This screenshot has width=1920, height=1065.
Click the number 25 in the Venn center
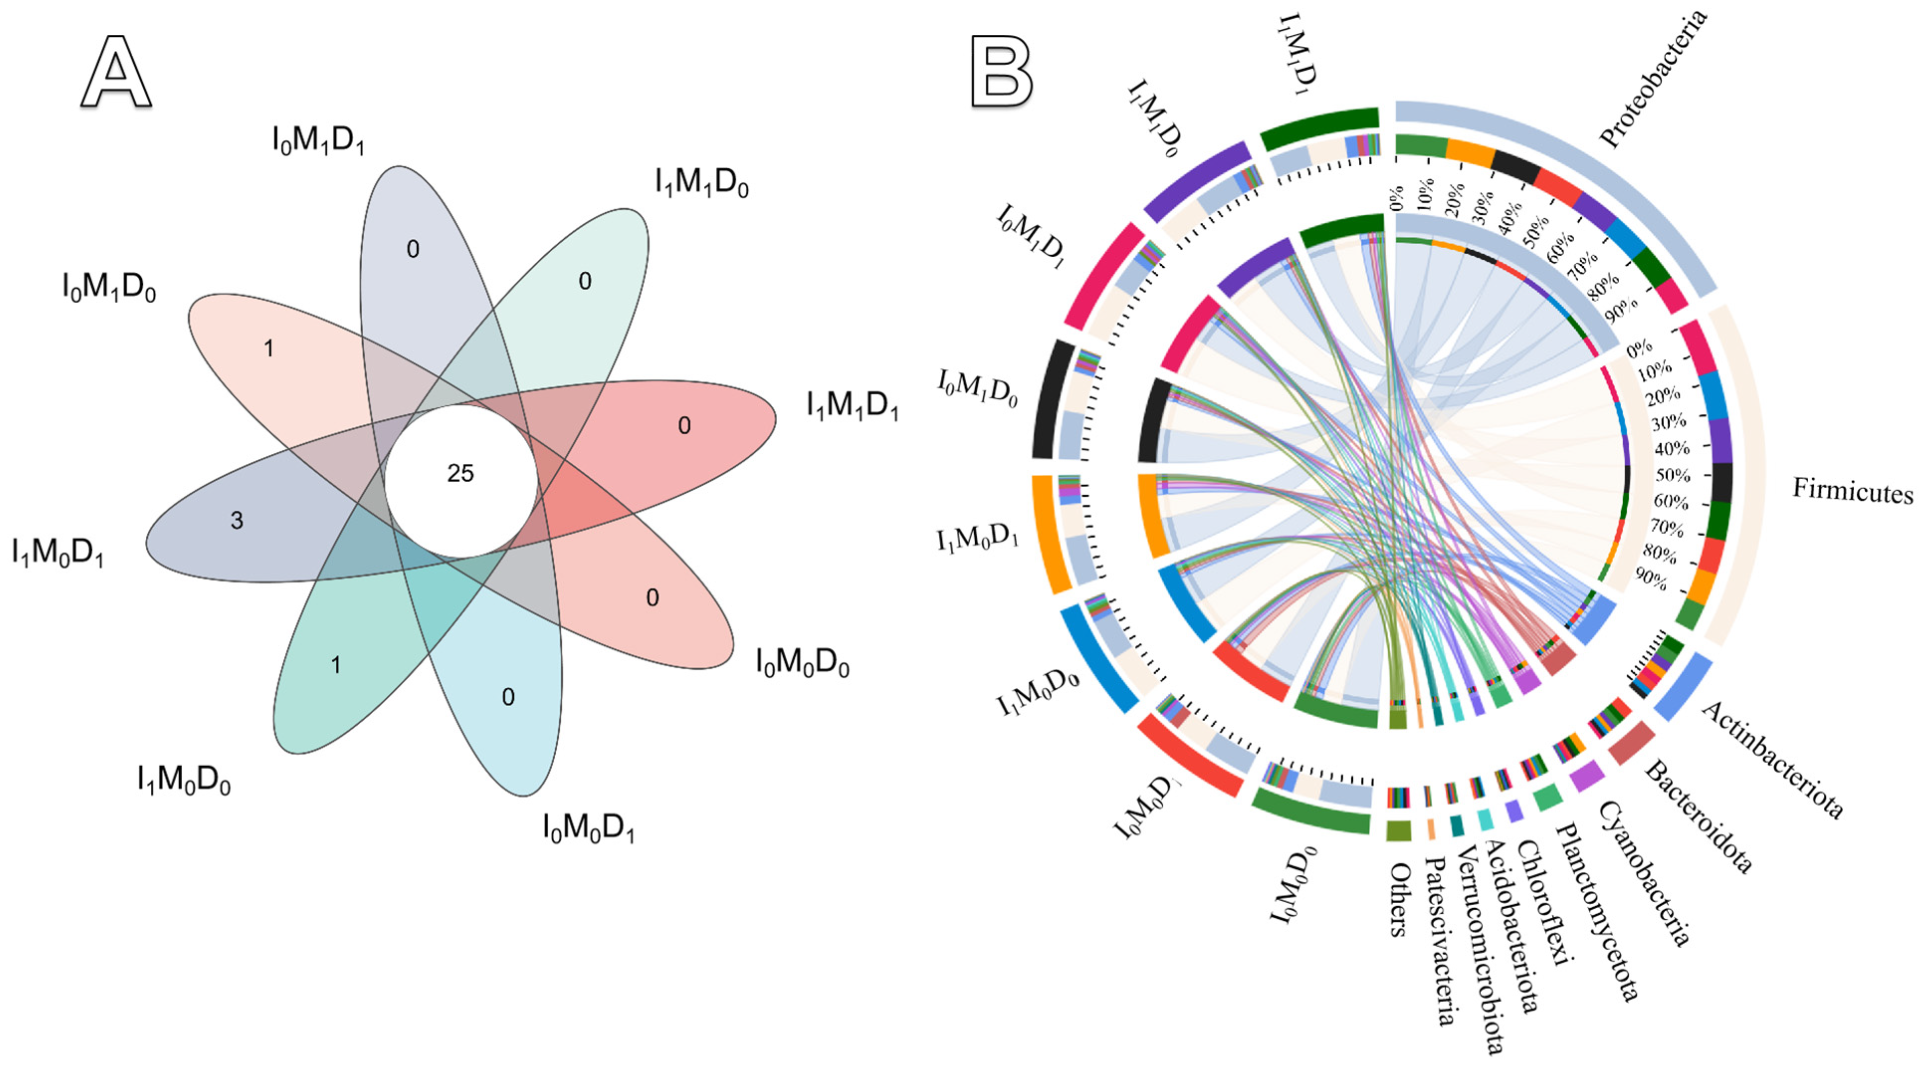(x=460, y=473)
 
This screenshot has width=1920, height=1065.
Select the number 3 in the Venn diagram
(x=236, y=520)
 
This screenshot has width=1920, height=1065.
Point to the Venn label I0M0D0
(x=802, y=662)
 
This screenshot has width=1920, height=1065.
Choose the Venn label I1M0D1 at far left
(x=57, y=553)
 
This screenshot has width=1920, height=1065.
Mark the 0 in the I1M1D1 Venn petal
(x=684, y=426)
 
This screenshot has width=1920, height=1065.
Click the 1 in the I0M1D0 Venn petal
(x=268, y=348)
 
